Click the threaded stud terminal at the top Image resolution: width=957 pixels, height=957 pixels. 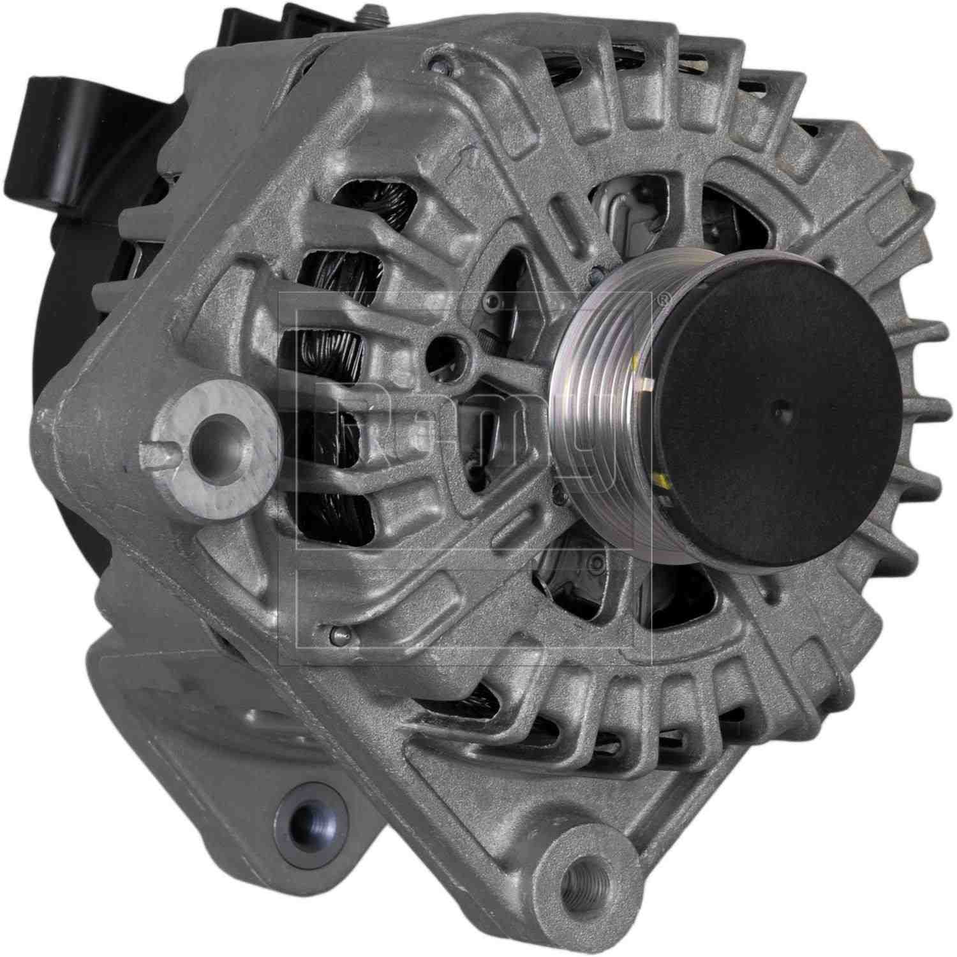[x=369, y=14]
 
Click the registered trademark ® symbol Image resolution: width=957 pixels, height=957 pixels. [x=663, y=298]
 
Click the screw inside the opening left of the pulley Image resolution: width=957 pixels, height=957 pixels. [x=491, y=300]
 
